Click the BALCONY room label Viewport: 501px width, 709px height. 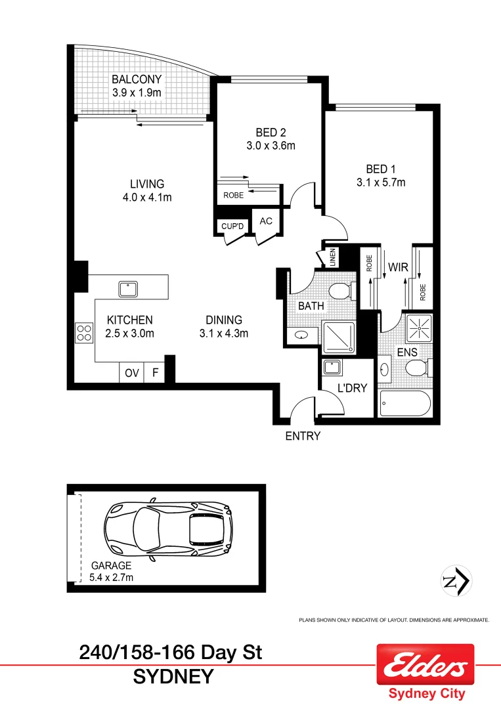pyautogui.click(x=136, y=81)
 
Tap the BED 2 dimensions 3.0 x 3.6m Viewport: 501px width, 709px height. pyautogui.click(x=271, y=146)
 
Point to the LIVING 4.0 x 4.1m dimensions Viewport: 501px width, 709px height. pyautogui.click(x=146, y=197)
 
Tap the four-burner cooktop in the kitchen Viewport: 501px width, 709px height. pyautogui.click(x=84, y=332)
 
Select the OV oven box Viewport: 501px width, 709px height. pyautogui.click(x=131, y=373)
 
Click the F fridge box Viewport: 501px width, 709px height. pyautogui.click(x=155, y=373)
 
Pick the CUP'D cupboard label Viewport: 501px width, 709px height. pyautogui.click(x=232, y=226)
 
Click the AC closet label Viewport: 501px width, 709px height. pyautogui.click(x=266, y=221)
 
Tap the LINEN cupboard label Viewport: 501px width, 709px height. pyautogui.click(x=333, y=257)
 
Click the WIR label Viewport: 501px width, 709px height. pyautogui.click(x=399, y=267)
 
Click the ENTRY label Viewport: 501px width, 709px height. pyautogui.click(x=302, y=436)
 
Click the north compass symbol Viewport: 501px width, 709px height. pyautogui.click(x=455, y=580)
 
